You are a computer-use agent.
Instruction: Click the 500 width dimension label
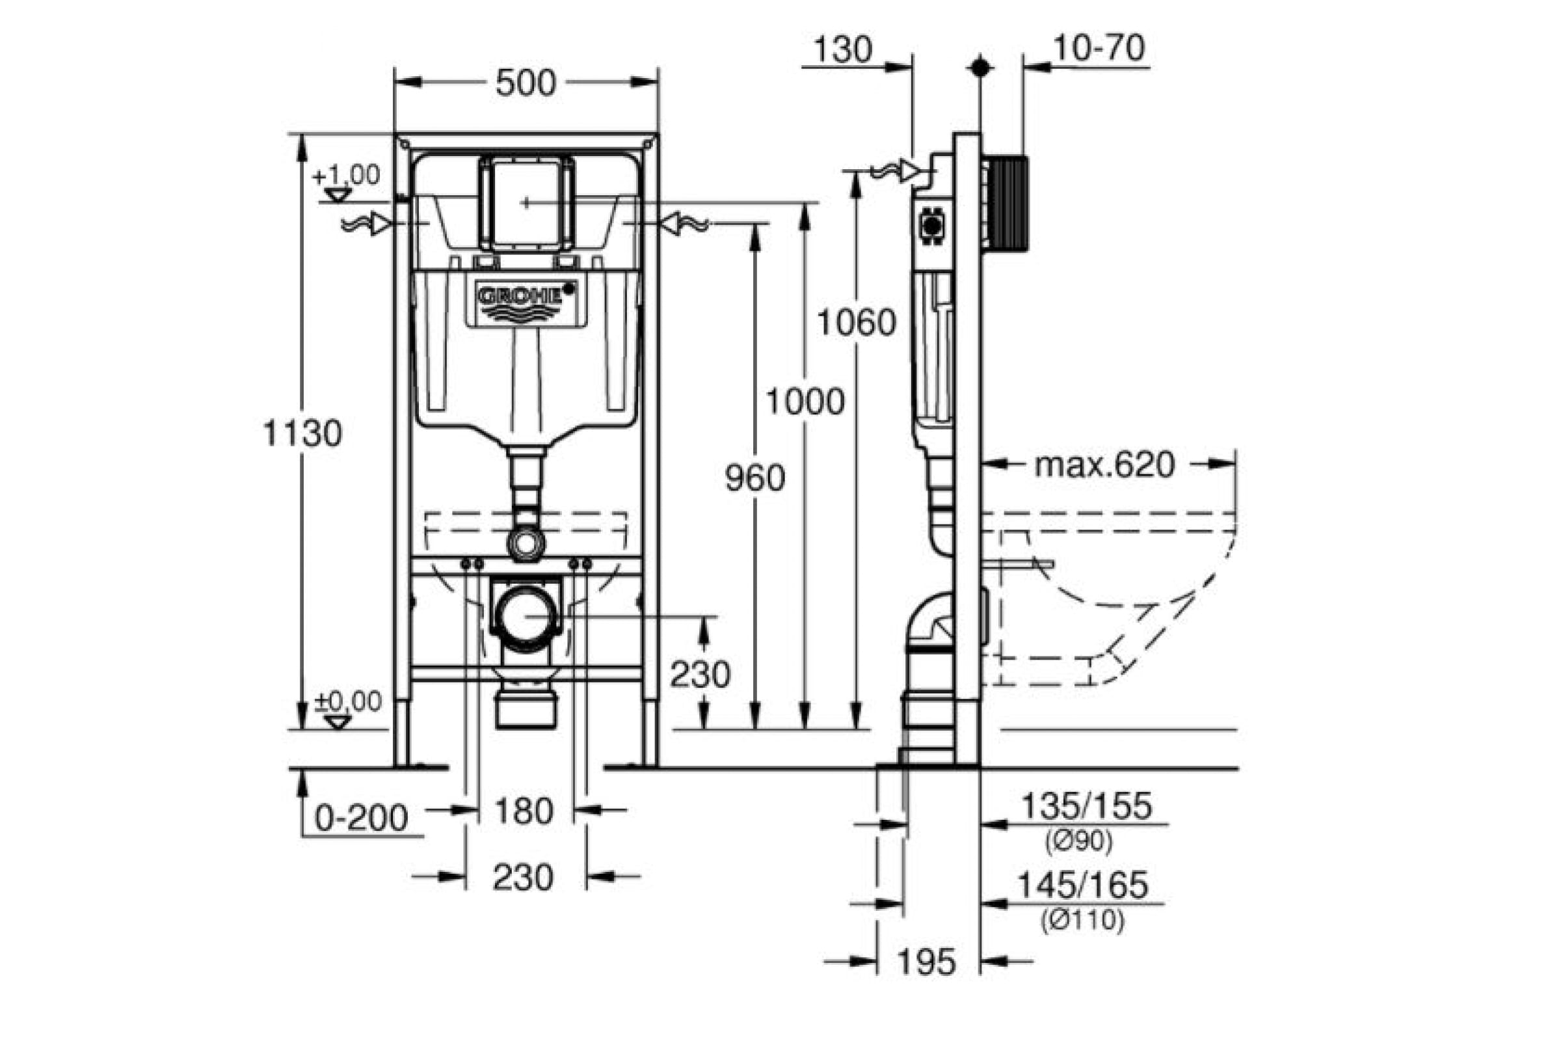(526, 83)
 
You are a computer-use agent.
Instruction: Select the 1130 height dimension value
(302, 433)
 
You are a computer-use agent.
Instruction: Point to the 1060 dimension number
(856, 323)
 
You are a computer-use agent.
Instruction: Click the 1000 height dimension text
(805, 401)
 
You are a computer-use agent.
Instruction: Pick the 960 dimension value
(755, 478)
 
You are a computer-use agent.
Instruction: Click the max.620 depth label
(1105, 465)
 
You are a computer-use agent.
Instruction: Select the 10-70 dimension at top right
(1099, 47)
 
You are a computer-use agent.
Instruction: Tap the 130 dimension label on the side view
(843, 50)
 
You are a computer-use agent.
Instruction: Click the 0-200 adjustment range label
(361, 818)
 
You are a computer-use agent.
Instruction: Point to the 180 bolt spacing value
(524, 811)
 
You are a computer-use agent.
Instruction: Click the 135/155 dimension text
(1086, 807)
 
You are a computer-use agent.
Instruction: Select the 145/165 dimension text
(1083, 885)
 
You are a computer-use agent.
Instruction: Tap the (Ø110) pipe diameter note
(1082, 921)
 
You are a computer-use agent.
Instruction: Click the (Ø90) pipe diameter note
(1078, 843)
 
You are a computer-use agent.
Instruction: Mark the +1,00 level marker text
(346, 175)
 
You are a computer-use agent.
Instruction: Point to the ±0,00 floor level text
(348, 701)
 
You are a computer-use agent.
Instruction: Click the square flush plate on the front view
(526, 202)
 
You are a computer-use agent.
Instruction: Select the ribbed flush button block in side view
(1007, 204)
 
